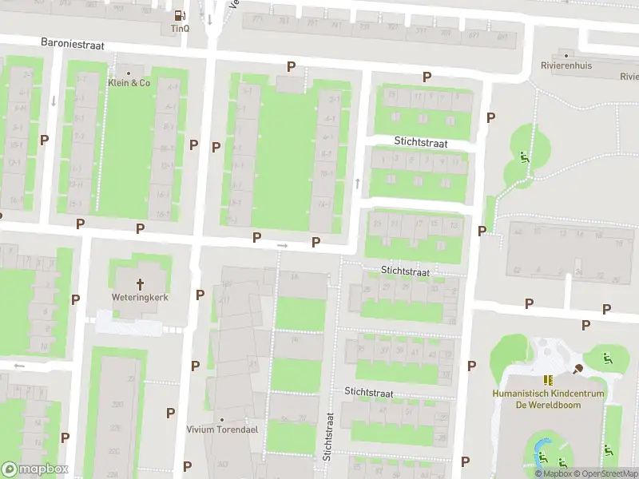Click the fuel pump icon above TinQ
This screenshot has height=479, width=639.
click(x=180, y=15)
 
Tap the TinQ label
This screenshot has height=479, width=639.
click(x=180, y=28)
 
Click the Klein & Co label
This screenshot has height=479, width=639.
click(x=129, y=82)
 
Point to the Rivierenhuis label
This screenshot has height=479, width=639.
click(x=566, y=65)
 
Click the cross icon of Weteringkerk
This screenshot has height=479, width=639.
click(x=141, y=283)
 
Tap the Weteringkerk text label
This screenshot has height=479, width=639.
click(x=141, y=298)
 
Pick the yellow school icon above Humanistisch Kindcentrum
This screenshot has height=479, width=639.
click(x=548, y=381)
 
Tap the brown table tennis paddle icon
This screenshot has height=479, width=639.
click(x=577, y=368)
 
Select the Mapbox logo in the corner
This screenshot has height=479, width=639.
click(x=35, y=469)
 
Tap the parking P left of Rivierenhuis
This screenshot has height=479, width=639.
click(x=490, y=117)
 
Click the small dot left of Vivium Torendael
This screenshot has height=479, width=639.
click(x=221, y=419)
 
